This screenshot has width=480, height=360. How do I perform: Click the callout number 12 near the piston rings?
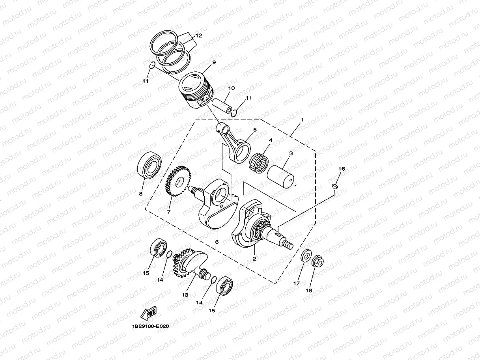[198, 35]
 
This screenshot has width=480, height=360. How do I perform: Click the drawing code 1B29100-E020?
[151, 326]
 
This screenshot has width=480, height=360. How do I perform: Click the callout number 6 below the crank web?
[217, 242]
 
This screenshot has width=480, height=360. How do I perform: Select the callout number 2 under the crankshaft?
[254, 259]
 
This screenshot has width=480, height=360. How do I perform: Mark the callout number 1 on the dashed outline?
[302, 119]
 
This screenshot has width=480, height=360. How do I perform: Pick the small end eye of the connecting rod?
[222, 128]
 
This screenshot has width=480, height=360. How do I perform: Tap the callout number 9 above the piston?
[214, 62]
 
